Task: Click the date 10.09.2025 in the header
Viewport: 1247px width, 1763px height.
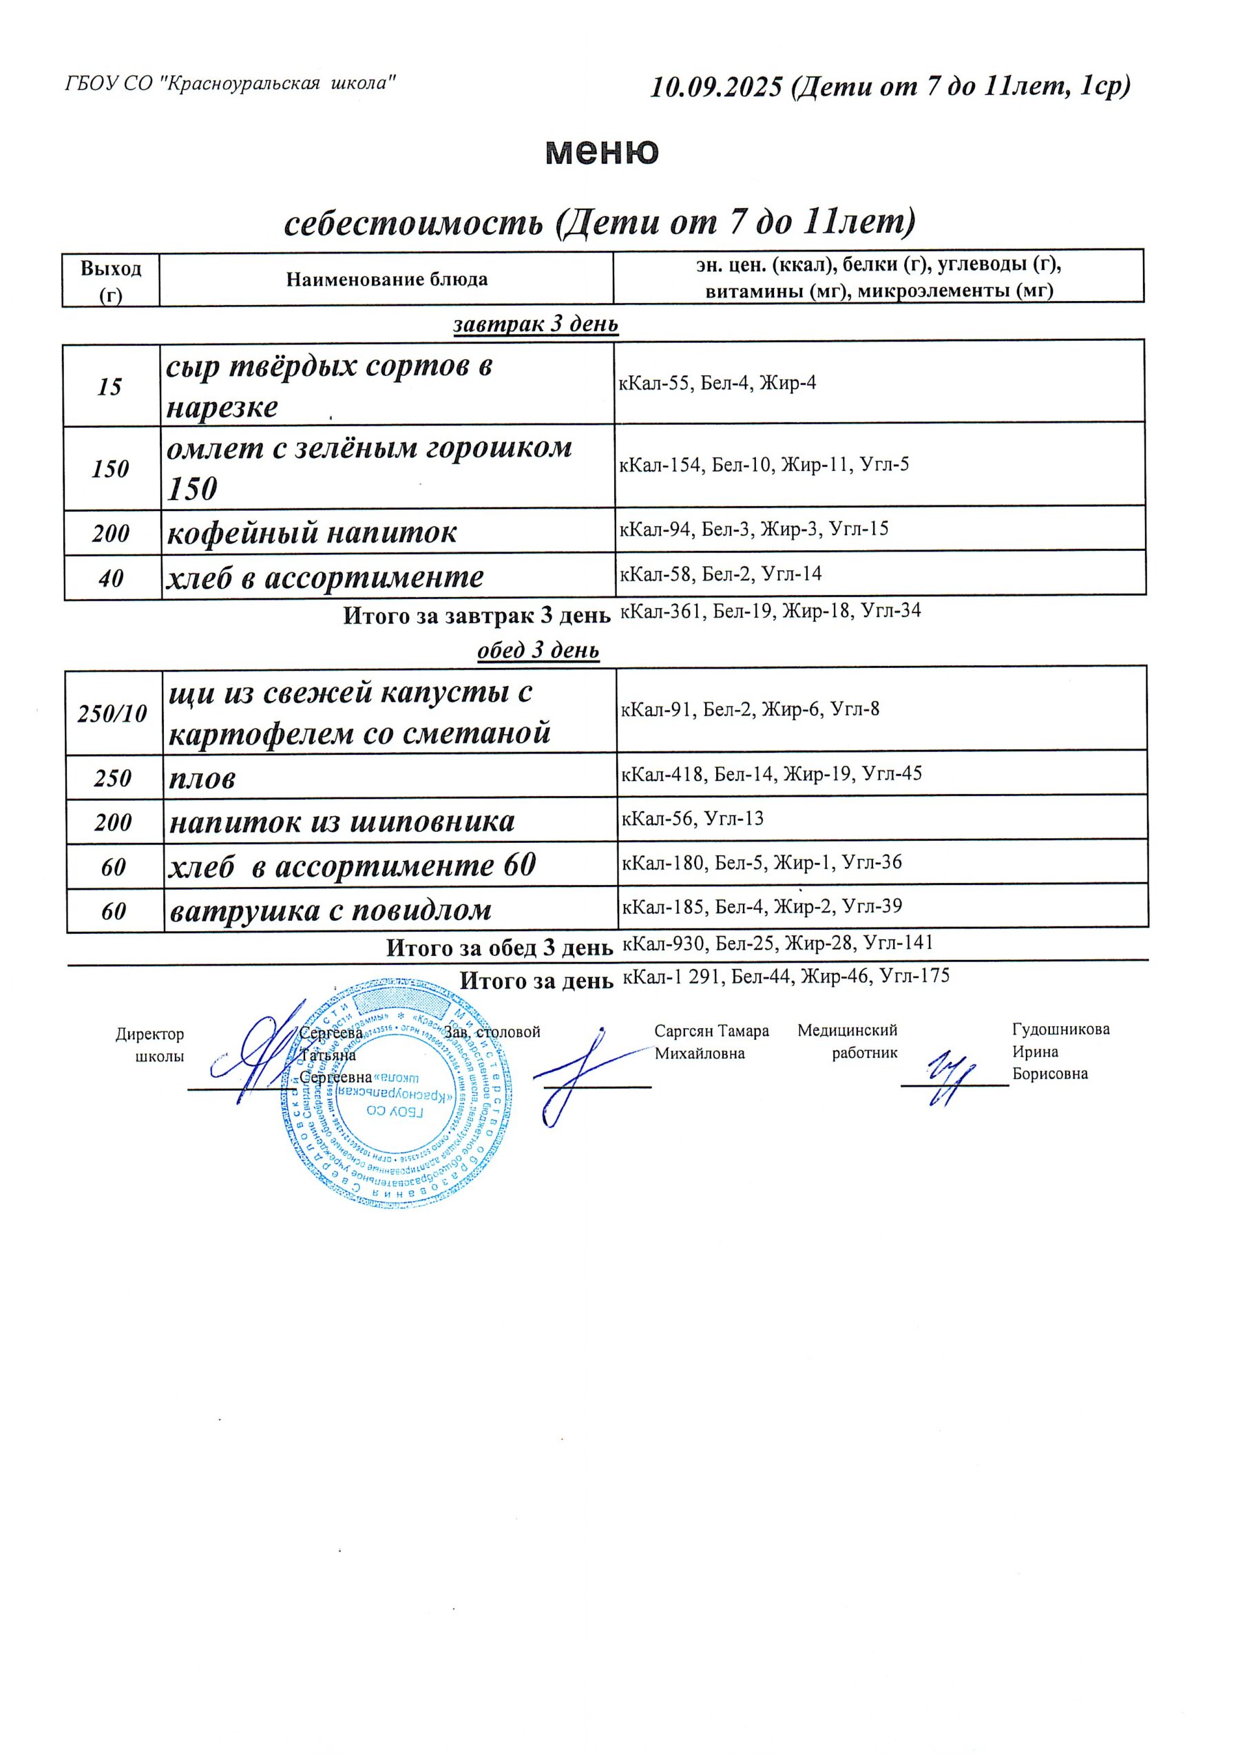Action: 715,87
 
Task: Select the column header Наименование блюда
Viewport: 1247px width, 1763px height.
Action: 386,280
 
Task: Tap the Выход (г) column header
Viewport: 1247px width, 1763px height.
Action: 111,280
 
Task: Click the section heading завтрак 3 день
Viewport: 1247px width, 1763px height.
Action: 536,324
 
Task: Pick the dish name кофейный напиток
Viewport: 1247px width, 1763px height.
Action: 312,532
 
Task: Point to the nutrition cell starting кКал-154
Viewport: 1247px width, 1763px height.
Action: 764,465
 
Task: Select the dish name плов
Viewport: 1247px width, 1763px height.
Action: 202,779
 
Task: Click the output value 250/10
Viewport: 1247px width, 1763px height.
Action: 113,714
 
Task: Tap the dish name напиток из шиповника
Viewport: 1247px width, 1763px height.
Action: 342,822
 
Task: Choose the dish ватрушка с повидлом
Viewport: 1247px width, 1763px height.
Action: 331,910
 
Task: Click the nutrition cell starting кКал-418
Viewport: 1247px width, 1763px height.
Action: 771,774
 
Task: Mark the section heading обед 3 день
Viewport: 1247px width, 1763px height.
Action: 538,651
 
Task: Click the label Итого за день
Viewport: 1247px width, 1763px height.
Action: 536,981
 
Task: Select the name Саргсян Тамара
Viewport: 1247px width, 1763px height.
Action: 711,1031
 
